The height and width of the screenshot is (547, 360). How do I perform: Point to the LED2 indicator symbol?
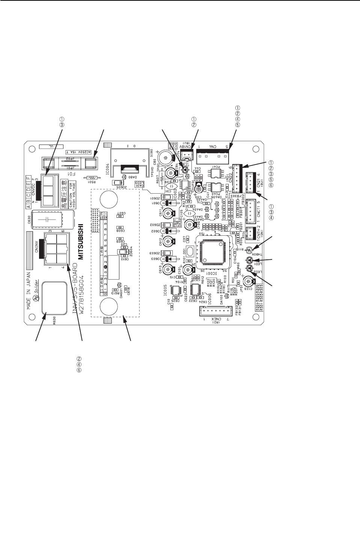click(249, 268)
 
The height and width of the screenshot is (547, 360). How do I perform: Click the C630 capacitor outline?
click(47, 219)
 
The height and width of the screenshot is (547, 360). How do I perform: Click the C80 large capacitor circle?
click(165, 158)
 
